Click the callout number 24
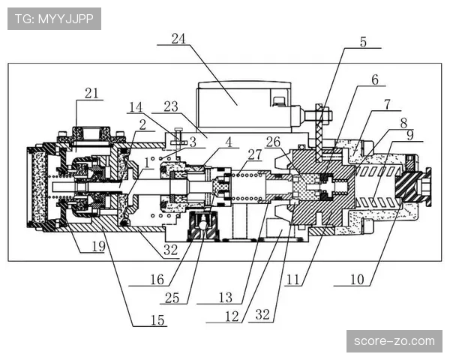[x=177, y=39]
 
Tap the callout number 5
[x=364, y=43]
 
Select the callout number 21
[x=91, y=93]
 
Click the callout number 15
[x=157, y=320]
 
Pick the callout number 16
[x=155, y=280]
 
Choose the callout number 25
[x=172, y=298]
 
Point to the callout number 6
[x=374, y=78]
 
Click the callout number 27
[x=255, y=154]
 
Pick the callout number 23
[x=170, y=106]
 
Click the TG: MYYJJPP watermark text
[x=53, y=19]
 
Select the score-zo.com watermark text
[x=394, y=341]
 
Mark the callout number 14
[x=135, y=106]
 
